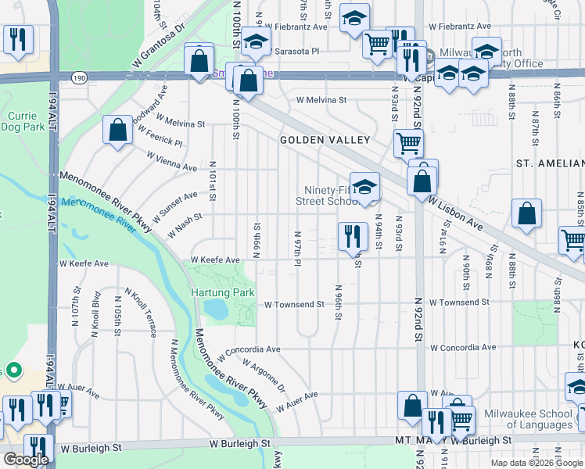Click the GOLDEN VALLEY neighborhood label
(325, 140)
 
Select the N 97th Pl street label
(297, 248)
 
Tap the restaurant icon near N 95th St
(353, 233)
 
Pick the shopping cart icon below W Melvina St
(408, 143)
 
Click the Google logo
(26, 460)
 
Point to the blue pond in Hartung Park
(217, 310)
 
